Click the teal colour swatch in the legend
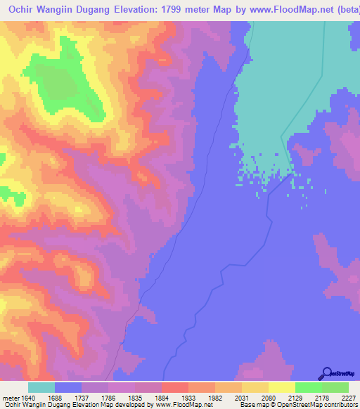[41, 387]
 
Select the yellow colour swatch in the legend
[281, 387]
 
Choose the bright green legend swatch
[308, 387]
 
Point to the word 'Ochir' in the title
[24, 11]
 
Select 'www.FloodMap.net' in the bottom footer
[183, 405]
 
